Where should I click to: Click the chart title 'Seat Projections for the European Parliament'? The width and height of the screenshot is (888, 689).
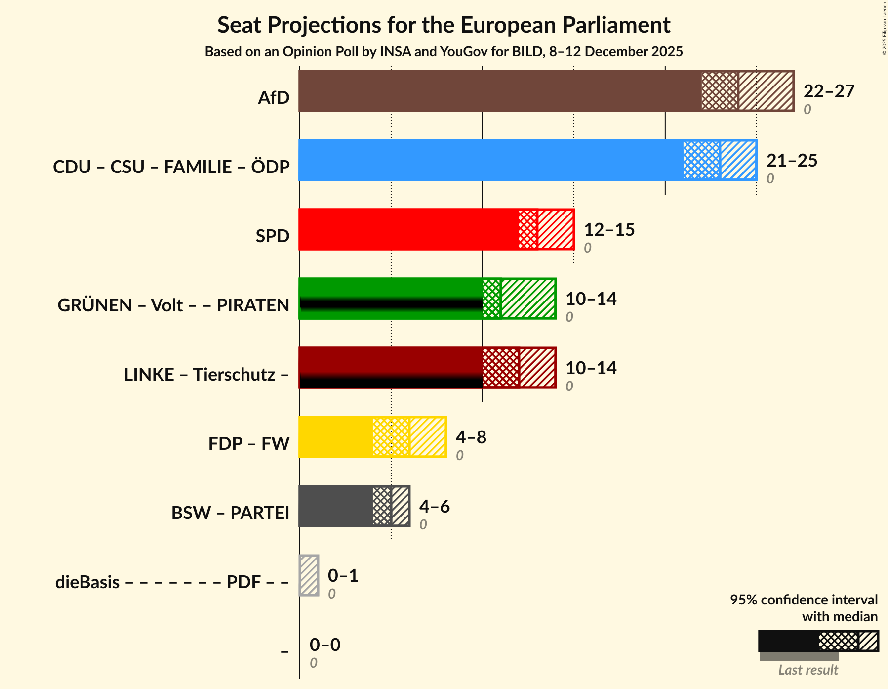(x=444, y=25)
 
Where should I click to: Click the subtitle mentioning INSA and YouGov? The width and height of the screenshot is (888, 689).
(x=444, y=52)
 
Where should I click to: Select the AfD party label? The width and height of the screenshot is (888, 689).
(x=274, y=98)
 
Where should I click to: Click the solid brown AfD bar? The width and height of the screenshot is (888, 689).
(x=499, y=91)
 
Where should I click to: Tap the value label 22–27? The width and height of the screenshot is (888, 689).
(x=828, y=91)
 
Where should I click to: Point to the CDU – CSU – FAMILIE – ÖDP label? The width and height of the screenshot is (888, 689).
(x=171, y=167)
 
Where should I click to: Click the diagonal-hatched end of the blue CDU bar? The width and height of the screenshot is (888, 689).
(x=738, y=160)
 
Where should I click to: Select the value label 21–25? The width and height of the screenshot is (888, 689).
(x=792, y=161)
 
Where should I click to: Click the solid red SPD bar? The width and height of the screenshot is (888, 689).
(x=408, y=229)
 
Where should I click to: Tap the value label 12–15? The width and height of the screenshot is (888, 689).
(x=609, y=230)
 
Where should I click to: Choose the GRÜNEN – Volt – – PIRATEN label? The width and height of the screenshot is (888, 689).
(x=173, y=305)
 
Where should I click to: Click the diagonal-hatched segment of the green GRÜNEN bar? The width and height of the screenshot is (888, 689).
(x=528, y=299)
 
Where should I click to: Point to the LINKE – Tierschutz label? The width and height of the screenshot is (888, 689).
(x=206, y=375)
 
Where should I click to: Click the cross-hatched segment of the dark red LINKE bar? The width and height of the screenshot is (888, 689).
(x=501, y=368)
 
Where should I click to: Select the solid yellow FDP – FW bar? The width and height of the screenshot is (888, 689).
(x=335, y=437)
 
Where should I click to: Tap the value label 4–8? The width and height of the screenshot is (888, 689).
(x=471, y=437)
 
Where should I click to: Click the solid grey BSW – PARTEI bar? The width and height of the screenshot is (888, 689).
(x=335, y=506)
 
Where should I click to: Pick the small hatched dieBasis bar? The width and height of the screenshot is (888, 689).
(x=309, y=575)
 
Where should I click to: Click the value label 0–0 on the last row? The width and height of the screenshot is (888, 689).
(x=324, y=645)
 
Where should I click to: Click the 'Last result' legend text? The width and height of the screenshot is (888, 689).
(x=808, y=670)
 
